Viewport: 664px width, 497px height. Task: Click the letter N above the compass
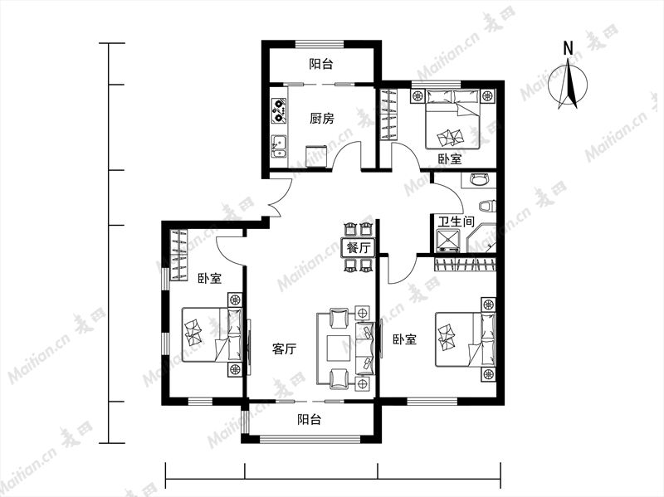[x=568, y=49]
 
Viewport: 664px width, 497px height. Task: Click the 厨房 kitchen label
[x=321, y=119]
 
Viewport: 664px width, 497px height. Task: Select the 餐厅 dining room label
[x=359, y=247]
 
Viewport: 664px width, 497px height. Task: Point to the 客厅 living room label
[x=284, y=349]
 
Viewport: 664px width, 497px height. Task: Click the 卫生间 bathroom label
[x=456, y=222]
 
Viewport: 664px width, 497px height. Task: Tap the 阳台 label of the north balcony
[x=321, y=65]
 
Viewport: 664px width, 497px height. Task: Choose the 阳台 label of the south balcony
[x=309, y=420]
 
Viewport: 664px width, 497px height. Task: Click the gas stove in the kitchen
[x=278, y=111]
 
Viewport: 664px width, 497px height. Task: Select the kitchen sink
[x=279, y=146]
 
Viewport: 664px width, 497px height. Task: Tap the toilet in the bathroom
[x=487, y=206]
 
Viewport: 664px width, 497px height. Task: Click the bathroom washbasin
[x=480, y=179]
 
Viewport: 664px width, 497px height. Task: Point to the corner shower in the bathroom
[x=481, y=238]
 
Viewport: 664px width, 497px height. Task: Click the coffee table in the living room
[x=339, y=348]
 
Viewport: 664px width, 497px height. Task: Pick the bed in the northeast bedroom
[x=452, y=119]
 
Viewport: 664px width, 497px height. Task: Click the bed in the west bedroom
[x=212, y=334]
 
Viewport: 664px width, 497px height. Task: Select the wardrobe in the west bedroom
[x=178, y=255]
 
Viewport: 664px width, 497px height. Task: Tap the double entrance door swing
[x=280, y=197]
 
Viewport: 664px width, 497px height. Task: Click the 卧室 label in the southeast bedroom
[x=404, y=339]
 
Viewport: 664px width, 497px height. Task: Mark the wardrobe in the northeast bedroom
[x=388, y=115]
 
